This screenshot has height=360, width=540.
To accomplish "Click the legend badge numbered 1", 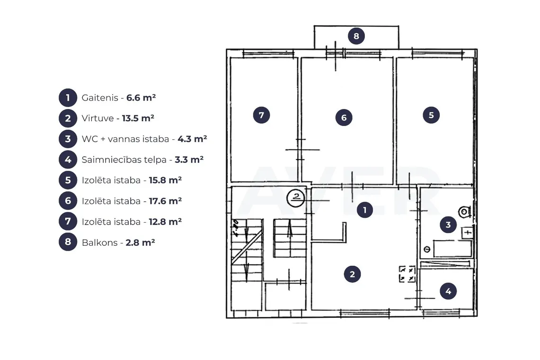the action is [x=68, y=98].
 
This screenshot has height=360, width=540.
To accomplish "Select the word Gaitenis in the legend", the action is [x=100, y=98].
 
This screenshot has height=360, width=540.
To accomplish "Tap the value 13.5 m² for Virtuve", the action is [x=138, y=118].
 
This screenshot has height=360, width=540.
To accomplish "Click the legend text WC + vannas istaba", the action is [x=125, y=139].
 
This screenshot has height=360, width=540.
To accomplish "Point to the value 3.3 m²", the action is [x=189, y=160].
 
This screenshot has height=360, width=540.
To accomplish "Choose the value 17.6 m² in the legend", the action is [x=165, y=201].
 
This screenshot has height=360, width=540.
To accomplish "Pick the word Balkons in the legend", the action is [x=99, y=243].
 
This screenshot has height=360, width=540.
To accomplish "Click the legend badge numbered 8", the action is [x=68, y=242].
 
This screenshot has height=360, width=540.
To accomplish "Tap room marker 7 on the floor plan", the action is [x=261, y=115].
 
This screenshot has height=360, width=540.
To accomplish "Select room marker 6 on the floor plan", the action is [x=344, y=117].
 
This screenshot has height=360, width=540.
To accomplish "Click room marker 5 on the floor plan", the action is [x=431, y=115].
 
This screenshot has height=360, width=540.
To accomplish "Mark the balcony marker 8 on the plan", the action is [x=356, y=36].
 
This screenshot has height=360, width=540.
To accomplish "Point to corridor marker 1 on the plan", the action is [x=365, y=210].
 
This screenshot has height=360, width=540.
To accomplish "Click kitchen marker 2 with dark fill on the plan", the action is [x=352, y=274].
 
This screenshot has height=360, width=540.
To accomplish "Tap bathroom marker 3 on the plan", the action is [x=448, y=225].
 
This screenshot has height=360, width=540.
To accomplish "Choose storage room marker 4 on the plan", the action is [x=448, y=291].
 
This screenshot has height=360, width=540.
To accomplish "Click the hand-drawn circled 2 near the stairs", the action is [x=296, y=198].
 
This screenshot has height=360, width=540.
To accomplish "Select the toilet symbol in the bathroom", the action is [x=465, y=212].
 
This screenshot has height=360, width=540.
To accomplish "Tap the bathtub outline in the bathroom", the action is [x=452, y=249].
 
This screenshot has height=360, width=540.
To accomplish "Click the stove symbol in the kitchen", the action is [x=407, y=274].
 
